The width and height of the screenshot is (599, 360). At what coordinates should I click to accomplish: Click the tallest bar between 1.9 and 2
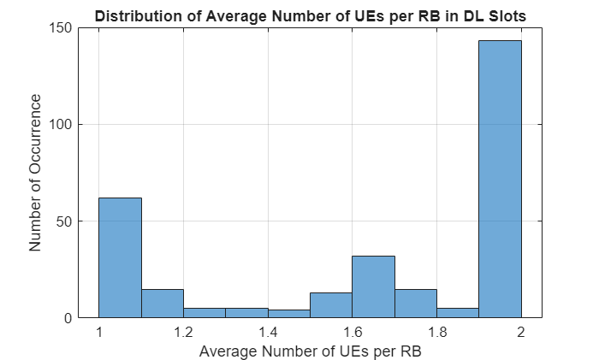tap(500, 180)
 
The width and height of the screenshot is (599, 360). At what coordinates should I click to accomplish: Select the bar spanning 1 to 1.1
tap(120, 257)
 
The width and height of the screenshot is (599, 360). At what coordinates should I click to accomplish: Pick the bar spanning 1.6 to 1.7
tap(373, 286)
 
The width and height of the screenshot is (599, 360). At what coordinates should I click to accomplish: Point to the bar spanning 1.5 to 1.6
tap(331, 305)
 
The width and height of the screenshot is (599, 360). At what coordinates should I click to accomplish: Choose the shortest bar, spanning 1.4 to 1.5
tap(288, 314)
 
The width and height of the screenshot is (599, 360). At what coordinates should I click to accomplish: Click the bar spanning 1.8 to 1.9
tap(458, 313)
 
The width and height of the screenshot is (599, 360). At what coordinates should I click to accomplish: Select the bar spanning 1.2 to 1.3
tap(205, 313)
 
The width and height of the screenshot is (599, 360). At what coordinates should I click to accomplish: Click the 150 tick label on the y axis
tap(58, 27)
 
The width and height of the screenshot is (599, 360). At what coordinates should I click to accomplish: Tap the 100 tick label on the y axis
tap(58, 124)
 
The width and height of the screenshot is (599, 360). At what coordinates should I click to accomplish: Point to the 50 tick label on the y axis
tap(62, 221)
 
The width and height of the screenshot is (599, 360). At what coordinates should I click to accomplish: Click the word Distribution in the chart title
tap(133, 16)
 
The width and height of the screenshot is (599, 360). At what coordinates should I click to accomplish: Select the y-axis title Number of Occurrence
tap(36, 173)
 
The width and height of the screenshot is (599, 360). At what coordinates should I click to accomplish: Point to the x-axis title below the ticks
tap(310, 351)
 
